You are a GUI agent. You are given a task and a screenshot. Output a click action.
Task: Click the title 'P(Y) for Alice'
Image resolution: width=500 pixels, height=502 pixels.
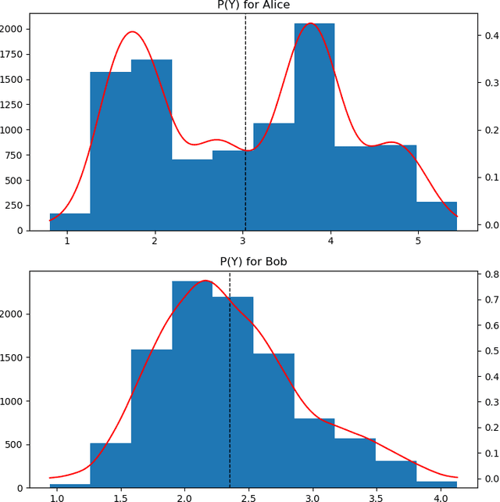(253, 5)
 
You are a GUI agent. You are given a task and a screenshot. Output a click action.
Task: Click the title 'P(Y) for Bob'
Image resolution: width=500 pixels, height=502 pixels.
(253, 261)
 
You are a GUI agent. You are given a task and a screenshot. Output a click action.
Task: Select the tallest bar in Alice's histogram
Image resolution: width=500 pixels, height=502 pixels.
(314, 125)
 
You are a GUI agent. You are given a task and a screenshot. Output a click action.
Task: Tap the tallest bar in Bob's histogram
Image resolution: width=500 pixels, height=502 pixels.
(192, 383)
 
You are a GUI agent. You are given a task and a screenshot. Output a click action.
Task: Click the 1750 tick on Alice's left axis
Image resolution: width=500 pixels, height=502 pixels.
(13, 54)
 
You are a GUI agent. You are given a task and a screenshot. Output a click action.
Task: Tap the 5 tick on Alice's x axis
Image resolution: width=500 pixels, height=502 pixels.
(419, 241)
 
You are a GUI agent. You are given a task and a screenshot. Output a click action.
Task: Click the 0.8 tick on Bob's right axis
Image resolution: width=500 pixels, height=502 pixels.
(490, 275)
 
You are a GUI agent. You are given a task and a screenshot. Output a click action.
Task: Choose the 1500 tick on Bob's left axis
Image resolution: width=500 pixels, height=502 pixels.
(13, 357)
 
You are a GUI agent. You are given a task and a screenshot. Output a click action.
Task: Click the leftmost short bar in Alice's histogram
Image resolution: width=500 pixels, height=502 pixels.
(70, 222)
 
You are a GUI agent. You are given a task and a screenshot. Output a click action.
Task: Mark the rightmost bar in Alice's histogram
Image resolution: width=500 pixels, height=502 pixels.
(436, 216)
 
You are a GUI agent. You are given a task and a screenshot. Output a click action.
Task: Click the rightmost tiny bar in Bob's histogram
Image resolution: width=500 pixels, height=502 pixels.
(436, 484)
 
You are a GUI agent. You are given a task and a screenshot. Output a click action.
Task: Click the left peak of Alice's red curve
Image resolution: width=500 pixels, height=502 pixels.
(132, 32)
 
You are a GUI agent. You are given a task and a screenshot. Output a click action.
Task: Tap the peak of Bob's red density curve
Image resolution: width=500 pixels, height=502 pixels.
(205, 280)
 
